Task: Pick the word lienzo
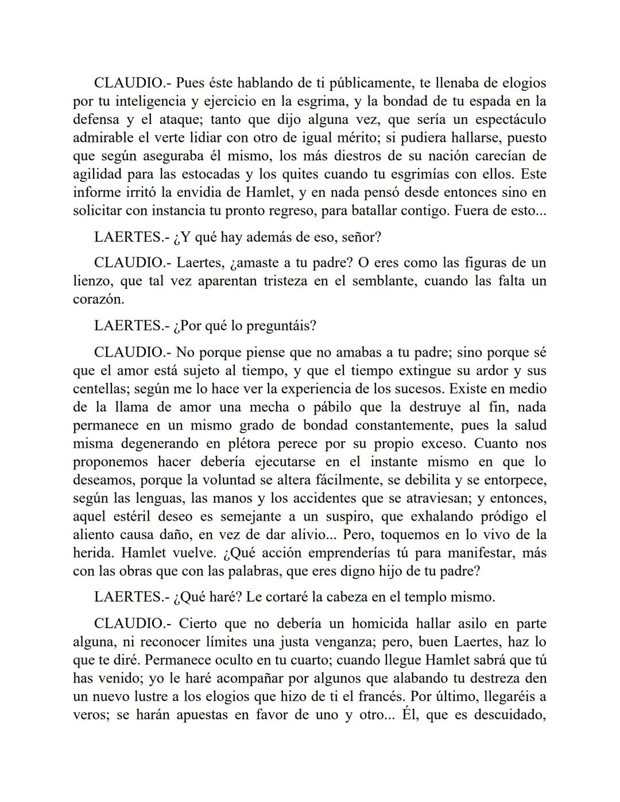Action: point(91,281)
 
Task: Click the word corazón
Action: point(98,299)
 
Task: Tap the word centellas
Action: point(101,389)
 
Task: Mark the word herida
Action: point(92,553)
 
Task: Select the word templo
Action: point(412,597)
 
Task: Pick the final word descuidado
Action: point(509,715)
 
